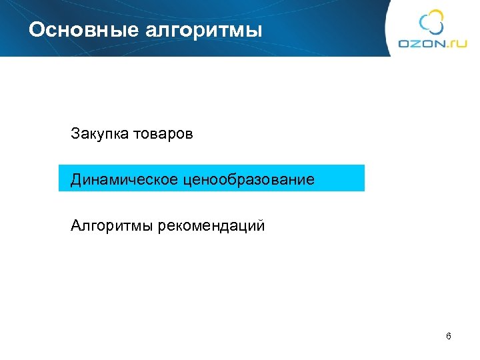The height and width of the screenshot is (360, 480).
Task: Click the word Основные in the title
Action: tap(73, 31)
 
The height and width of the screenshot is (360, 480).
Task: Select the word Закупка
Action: tap(99, 134)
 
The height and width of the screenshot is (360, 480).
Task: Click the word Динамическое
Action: tap(124, 179)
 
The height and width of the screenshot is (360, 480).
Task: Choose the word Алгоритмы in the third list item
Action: tap(112, 225)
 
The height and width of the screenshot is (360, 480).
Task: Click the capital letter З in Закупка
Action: tap(75, 134)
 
